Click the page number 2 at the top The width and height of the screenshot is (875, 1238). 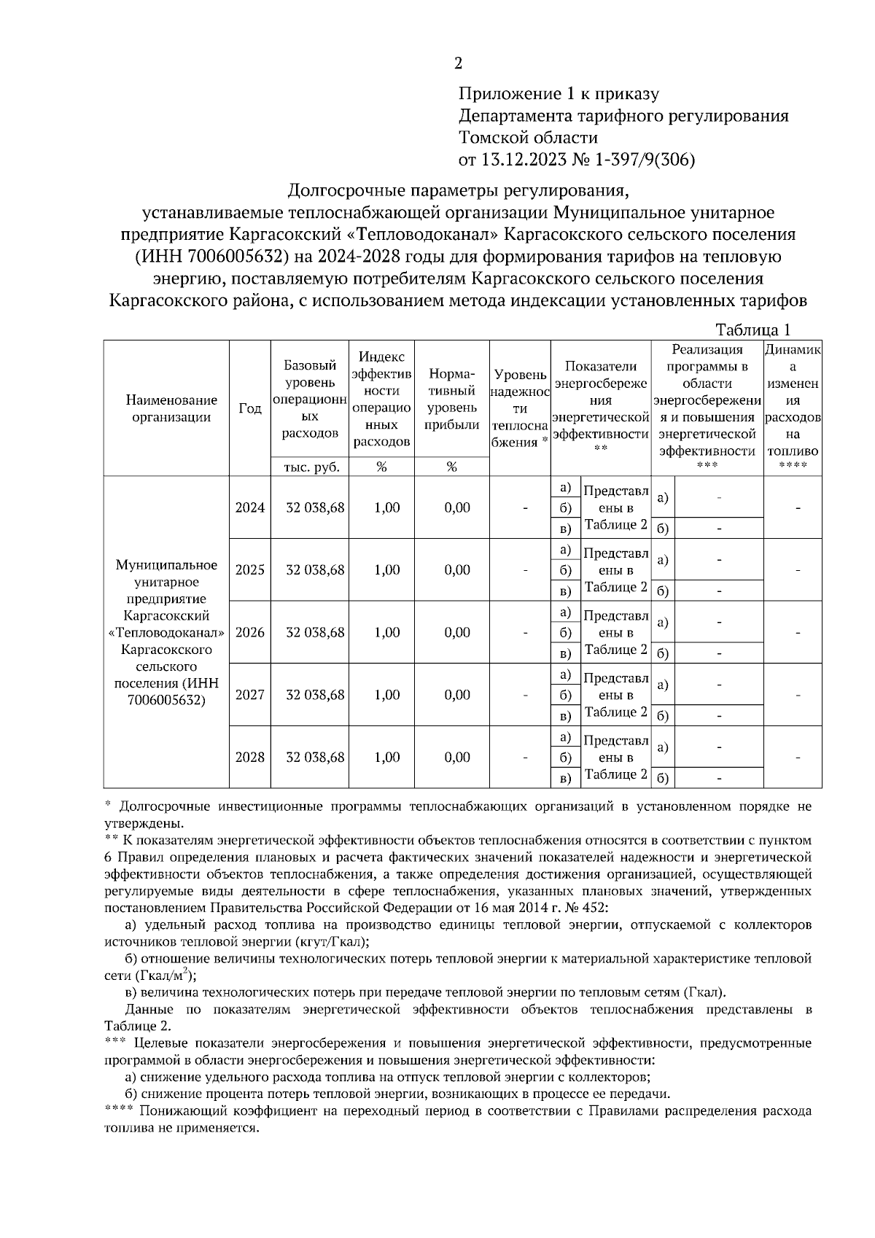coord(458,64)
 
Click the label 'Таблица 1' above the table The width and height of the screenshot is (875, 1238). coord(752,330)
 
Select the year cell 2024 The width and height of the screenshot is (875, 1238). coord(250,507)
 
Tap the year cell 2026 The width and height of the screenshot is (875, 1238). coord(250,632)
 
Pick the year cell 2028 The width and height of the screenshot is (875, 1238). coord(250,757)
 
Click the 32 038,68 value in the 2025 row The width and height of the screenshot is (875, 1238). coord(315,570)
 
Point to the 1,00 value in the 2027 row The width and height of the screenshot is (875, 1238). coord(386,695)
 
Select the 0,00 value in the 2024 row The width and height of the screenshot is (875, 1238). coord(457,507)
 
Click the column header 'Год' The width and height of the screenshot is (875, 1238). coord(250,409)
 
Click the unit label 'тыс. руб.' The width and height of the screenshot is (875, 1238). coord(311,468)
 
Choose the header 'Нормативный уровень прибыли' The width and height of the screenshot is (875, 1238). coord(452,400)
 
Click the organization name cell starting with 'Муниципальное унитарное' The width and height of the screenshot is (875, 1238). coord(166,632)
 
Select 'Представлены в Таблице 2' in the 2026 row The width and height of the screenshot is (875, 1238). coord(615,632)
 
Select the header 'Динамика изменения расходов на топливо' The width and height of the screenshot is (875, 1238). coord(793,408)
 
